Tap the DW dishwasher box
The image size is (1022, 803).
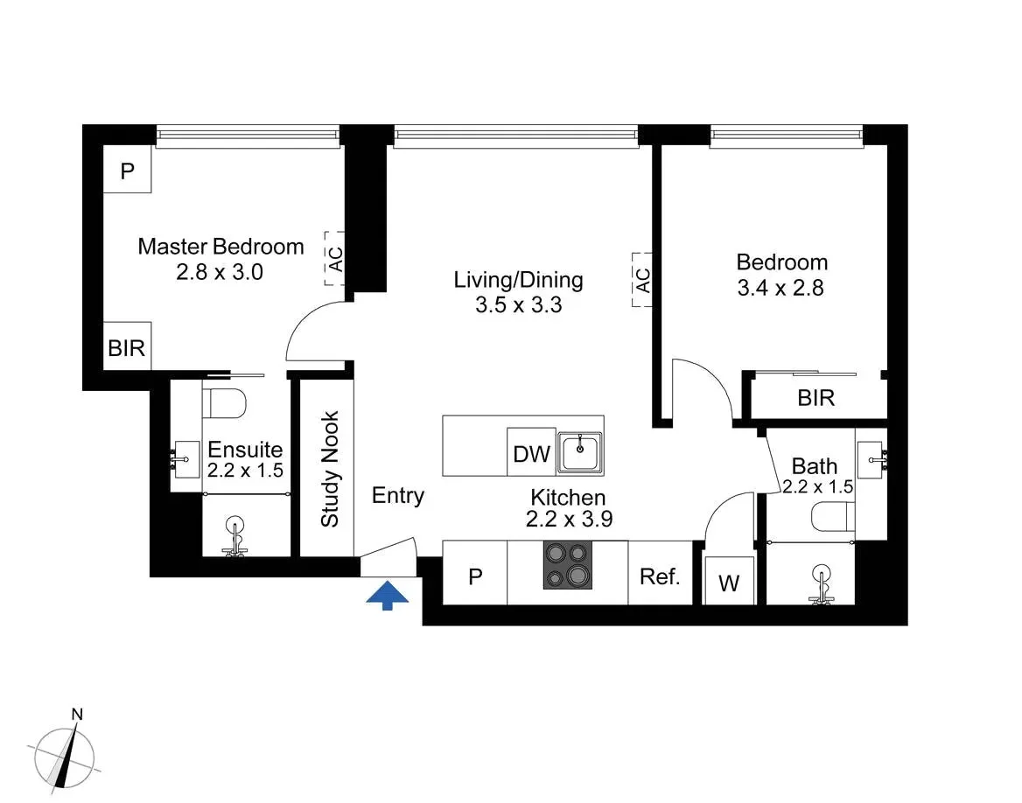[531, 454]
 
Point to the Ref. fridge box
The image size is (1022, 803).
[660, 576]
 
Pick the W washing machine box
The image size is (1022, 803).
[728, 583]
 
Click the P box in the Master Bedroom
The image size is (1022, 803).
[128, 171]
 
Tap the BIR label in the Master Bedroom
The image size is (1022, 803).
[126, 347]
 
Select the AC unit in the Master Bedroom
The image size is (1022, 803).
[334, 259]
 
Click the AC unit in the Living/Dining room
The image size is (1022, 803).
[642, 280]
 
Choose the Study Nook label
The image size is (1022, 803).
[330, 469]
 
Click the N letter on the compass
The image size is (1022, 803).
[77, 714]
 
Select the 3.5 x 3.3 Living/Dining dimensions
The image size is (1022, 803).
[517, 305]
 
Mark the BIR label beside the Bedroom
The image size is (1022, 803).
[815, 398]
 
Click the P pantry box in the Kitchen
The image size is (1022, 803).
[475, 576]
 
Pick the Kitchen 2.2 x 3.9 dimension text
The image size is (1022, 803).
[568, 519]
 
